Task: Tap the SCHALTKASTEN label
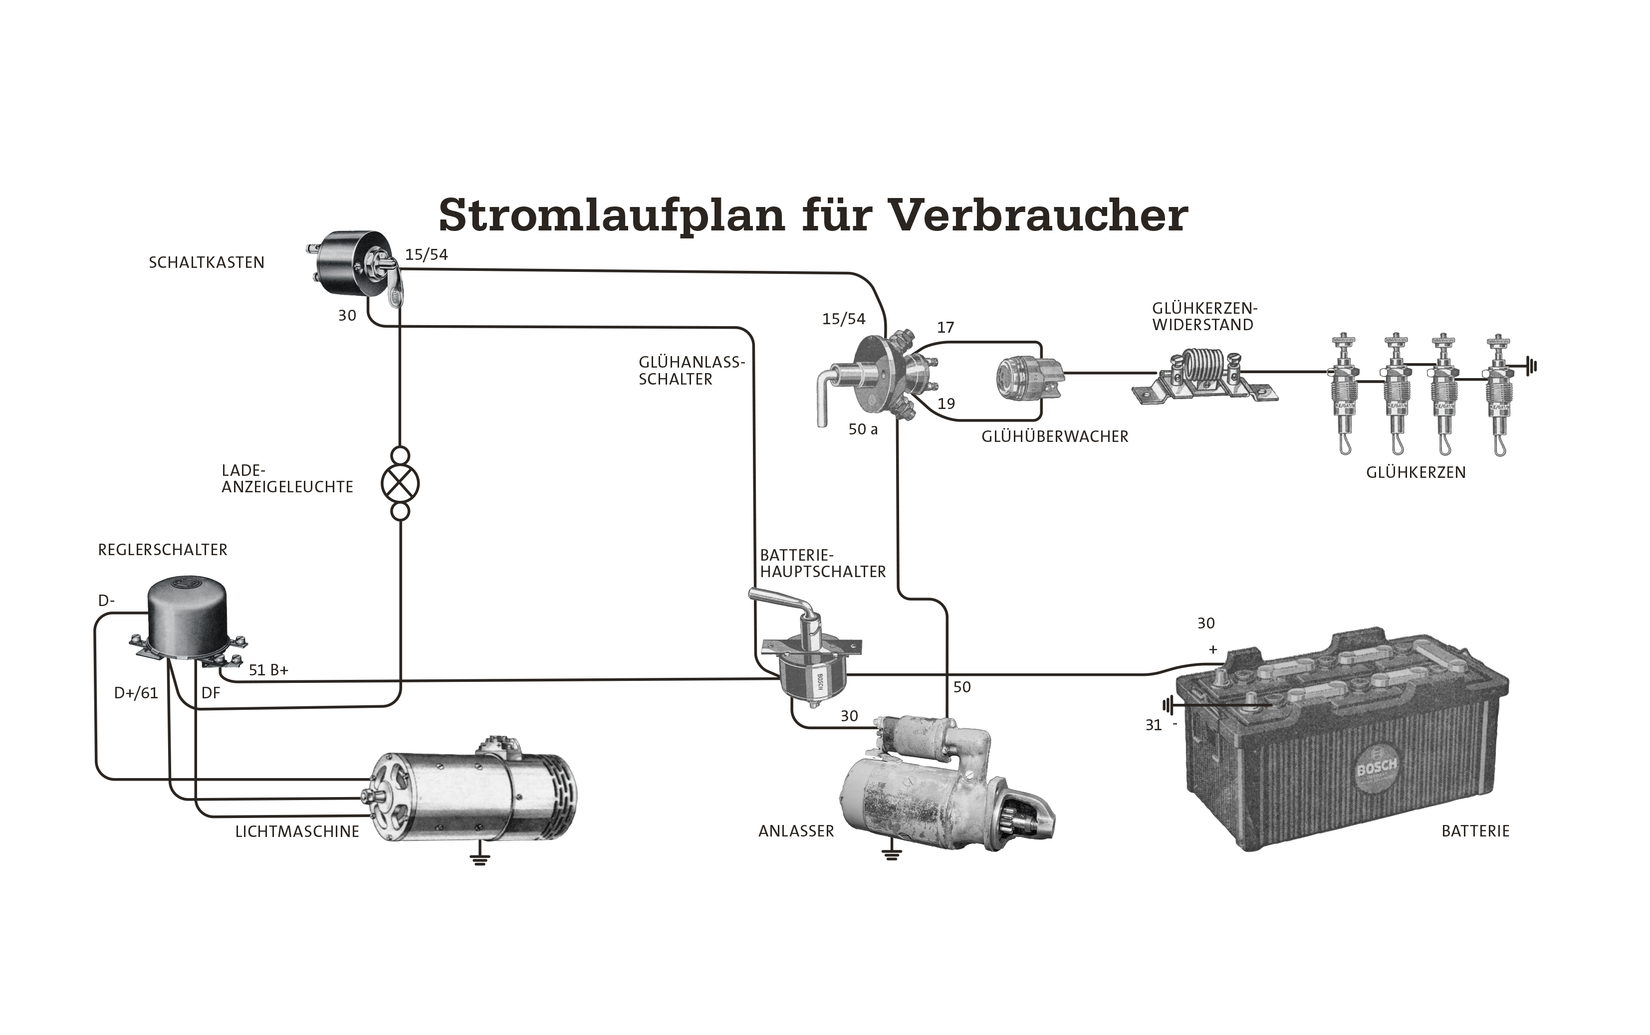pos(206,263)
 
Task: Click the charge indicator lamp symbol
pos(400,484)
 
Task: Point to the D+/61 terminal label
pos(136,693)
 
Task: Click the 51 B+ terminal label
pos(268,670)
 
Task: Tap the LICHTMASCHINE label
pos(297,831)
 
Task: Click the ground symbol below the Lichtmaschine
pos(480,860)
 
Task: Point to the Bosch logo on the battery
pos(1376,770)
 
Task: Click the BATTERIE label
pos(1475,831)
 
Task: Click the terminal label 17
pos(945,328)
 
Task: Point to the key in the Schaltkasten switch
pos(395,287)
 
